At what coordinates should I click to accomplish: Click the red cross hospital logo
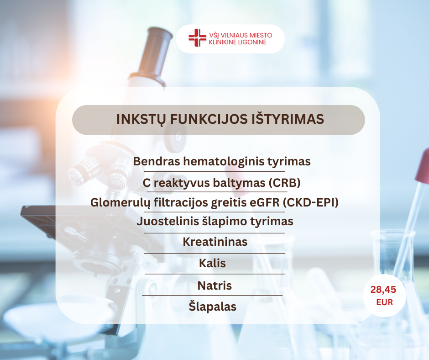tap(197, 37)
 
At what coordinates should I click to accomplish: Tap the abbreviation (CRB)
tap(284, 183)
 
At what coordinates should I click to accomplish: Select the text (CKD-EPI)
tap(310, 202)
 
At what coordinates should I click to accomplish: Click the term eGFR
tap(265, 202)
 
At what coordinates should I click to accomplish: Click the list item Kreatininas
tap(215, 242)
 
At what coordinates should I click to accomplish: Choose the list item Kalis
tap(212, 263)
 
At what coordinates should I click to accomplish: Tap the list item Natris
tap(214, 286)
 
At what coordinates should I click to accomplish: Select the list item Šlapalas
tap(213, 306)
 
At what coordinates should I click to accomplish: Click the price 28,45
tap(383, 290)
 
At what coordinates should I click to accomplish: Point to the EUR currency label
tap(384, 302)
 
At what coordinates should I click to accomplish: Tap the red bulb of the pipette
tap(423, 167)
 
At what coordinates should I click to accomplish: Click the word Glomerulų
tap(120, 203)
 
